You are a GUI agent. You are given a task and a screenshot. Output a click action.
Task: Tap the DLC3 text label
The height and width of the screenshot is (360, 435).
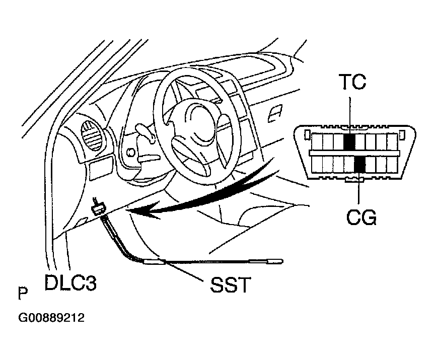tap(70, 282)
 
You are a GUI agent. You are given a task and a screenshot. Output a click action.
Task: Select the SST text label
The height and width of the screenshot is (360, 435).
tap(229, 285)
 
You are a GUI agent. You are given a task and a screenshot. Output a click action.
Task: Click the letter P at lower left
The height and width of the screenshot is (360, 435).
tap(22, 293)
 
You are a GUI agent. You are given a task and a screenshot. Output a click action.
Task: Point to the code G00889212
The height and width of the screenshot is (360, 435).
tap(51, 318)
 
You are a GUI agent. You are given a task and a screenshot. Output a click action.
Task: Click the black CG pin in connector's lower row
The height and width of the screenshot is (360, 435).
tap(359, 164)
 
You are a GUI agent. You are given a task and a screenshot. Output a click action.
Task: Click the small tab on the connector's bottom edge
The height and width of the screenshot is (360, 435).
tap(355, 180)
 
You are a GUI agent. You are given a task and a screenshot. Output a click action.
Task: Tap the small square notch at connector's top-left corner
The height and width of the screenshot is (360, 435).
tap(307, 133)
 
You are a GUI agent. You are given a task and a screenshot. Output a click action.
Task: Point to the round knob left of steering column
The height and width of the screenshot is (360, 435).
tap(131, 152)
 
